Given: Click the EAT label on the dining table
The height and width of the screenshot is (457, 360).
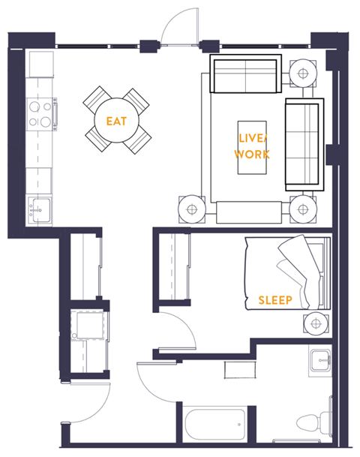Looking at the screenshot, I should pyautogui.click(x=116, y=121).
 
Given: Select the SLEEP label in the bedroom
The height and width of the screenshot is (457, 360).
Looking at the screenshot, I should pyautogui.click(x=274, y=300).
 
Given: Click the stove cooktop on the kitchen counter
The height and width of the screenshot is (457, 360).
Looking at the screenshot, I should pyautogui.click(x=40, y=115).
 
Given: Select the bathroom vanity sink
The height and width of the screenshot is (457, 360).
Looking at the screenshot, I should pyautogui.click(x=321, y=360).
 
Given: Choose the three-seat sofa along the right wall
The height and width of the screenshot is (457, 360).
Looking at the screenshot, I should pyautogui.click(x=304, y=144).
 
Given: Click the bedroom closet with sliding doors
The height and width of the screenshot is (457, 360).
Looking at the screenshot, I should pyautogui.click(x=173, y=266).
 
